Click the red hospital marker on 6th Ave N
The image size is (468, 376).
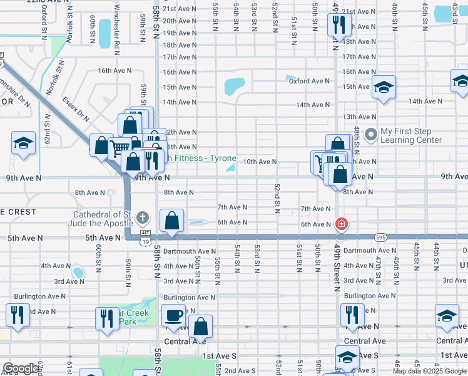tap(342, 224)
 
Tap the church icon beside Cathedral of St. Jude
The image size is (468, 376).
tap(143, 218)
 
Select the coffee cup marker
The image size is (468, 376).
tap(173, 315)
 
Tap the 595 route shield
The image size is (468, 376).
tap(380, 237)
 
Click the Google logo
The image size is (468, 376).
tap(21, 368)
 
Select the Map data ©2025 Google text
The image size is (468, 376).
tap(429, 371)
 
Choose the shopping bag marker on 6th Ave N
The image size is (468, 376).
tap(172, 222)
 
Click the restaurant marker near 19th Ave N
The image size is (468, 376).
tap(338, 26)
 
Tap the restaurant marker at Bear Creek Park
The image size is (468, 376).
tap(107, 318)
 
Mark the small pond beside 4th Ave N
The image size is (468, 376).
tap(78, 272)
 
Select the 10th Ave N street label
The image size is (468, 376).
tap(260, 162)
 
